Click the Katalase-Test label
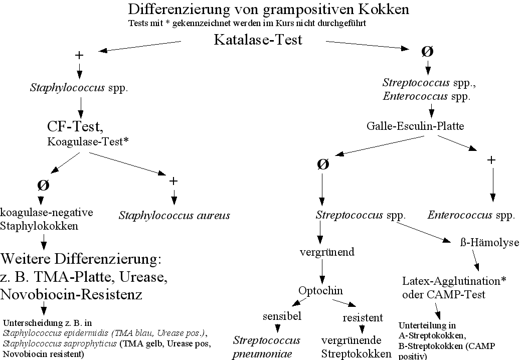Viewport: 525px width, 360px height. coord(258,40)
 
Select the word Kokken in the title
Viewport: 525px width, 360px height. coord(384,10)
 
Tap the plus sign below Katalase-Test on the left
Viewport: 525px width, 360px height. coord(79,55)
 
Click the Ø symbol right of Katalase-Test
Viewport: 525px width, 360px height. coord(427,52)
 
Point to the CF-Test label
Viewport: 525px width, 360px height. coord(75,126)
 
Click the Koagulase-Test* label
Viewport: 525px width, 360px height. coord(88,142)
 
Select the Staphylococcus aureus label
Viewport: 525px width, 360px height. coord(174,215)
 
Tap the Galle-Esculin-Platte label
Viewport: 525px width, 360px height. coord(415,126)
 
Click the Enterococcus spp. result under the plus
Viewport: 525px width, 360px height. coord(471,215)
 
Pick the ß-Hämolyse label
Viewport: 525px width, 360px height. coord(489,242)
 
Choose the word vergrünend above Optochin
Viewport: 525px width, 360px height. coord(327,252)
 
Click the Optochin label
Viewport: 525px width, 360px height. coord(320,291)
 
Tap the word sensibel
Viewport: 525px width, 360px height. coord(282,316)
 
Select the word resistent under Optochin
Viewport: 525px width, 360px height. coord(363,318)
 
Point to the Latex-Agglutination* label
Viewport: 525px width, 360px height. coord(454,281)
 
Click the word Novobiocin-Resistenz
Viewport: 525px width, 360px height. coord(71,295)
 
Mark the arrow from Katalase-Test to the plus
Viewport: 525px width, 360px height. coord(139,46)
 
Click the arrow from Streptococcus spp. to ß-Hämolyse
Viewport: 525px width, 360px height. coord(423,232)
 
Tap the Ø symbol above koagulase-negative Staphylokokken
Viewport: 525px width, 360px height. coord(43,185)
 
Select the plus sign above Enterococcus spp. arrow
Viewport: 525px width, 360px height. coord(491,160)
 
